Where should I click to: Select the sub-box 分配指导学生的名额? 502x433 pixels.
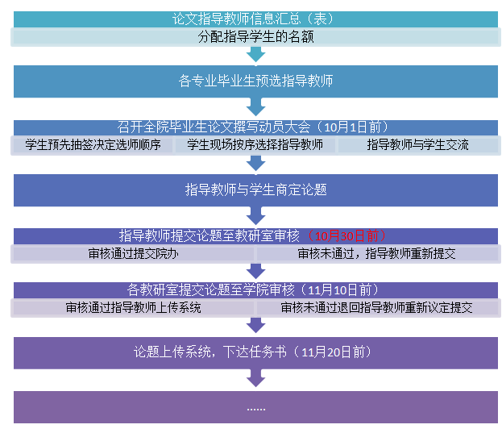click(255, 36)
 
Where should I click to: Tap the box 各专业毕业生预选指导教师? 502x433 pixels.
click(255, 81)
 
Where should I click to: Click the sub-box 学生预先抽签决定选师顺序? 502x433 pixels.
click(93, 145)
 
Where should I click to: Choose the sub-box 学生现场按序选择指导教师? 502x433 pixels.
click(255, 145)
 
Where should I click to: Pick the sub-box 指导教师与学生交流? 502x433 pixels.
click(417, 145)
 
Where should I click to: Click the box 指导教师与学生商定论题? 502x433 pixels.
click(255, 190)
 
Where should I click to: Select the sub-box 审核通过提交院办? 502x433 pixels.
click(133, 253)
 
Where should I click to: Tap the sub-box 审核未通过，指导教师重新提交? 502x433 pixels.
click(376, 253)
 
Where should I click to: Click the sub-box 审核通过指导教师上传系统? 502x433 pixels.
click(133, 307)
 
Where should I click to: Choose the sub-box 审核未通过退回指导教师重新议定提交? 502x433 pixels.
click(376, 307)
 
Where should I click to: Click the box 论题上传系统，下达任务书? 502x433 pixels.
click(255, 352)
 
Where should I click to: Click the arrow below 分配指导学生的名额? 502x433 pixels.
click(255, 54)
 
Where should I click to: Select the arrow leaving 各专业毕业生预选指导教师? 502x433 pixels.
click(255, 108)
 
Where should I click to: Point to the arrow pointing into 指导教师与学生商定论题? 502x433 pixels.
click(255, 163)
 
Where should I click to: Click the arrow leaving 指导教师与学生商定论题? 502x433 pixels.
click(255, 216)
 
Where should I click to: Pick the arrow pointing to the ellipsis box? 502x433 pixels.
click(255, 379)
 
